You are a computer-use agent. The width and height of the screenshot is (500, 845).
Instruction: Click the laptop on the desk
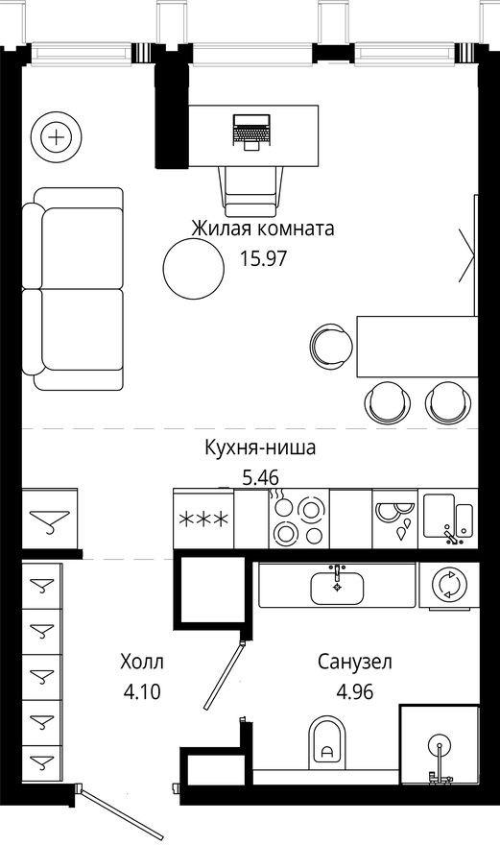(250, 130)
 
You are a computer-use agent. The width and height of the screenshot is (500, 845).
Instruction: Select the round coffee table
(191, 268)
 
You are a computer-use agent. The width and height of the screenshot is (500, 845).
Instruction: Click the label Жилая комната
(262, 229)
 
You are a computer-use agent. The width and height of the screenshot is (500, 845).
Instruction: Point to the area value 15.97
(262, 257)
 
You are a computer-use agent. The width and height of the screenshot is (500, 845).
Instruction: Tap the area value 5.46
(260, 474)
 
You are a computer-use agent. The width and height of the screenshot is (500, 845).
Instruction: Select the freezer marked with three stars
(203, 520)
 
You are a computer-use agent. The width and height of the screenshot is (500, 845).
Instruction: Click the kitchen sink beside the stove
(449, 520)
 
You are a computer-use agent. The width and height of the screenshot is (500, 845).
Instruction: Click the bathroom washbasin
(336, 584)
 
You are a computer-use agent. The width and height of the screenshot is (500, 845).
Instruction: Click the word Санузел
(355, 662)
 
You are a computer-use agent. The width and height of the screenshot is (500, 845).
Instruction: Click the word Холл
(142, 662)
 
